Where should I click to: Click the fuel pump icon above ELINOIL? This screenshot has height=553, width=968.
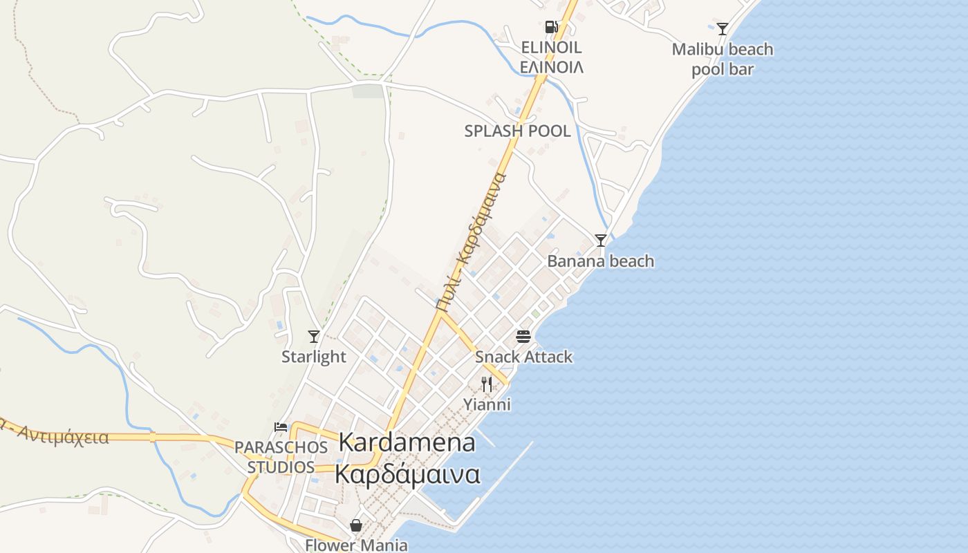pyautogui.click(x=551, y=27)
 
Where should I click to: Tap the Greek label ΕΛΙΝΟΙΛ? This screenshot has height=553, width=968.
pyautogui.click(x=551, y=67)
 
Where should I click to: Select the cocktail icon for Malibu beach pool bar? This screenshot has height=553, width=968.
pyautogui.click(x=723, y=29)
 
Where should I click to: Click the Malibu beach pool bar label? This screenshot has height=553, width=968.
pyautogui.click(x=723, y=59)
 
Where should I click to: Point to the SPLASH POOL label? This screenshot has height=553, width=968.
pyautogui.click(x=518, y=131)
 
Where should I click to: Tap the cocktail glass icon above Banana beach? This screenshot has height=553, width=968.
pyautogui.click(x=601, y=241)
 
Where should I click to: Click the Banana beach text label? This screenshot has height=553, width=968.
pyautogui.click(x=600, y=261)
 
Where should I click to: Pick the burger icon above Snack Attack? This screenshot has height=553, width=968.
pyautogui.click(x=523, y=337)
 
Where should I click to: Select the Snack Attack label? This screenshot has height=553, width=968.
pyautogui.click(x=523, y=357)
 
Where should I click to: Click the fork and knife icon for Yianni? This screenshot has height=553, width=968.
pyautogui.click(x=487, y=384)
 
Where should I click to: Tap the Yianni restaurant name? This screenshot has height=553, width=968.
pyautogui.click(x=487, y=404)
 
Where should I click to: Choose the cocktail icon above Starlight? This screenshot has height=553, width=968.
pyautogui.click(x=314, y=337)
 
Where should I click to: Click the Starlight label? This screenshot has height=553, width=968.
pyautogui.click(x=314, y=357)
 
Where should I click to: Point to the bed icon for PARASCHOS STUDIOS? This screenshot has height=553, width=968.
pyautogui.click(x=281, y=427)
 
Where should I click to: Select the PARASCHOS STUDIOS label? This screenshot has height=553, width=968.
pyautogui.click(x=281, y=457)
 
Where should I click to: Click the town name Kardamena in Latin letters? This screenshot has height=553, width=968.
pyautogui.click(x=407, y=443)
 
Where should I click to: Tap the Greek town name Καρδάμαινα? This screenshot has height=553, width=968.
pyautogui.click(x=407, y=474)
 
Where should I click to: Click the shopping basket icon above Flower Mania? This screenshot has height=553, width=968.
pyautogui.click(x=356, y=525)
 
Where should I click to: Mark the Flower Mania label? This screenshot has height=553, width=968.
pyautogui.click(x=356, y=545)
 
